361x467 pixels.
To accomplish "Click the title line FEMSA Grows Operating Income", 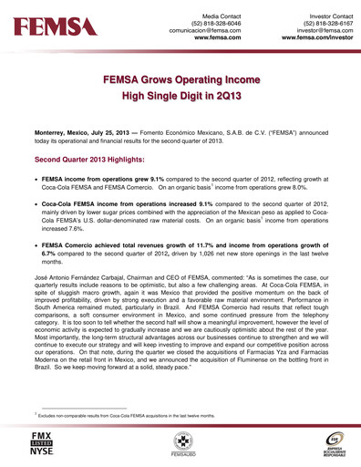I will pos(180,80).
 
